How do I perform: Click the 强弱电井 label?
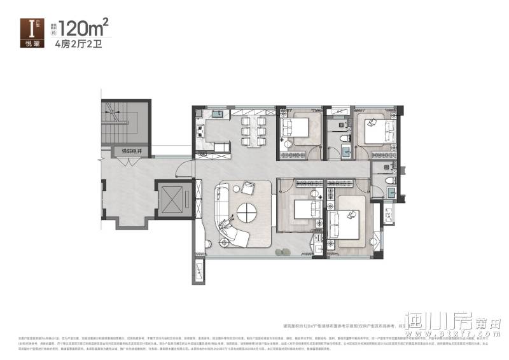coord(130,152)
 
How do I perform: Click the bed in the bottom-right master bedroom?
coord(349,221)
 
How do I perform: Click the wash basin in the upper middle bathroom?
coord(346,151)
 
